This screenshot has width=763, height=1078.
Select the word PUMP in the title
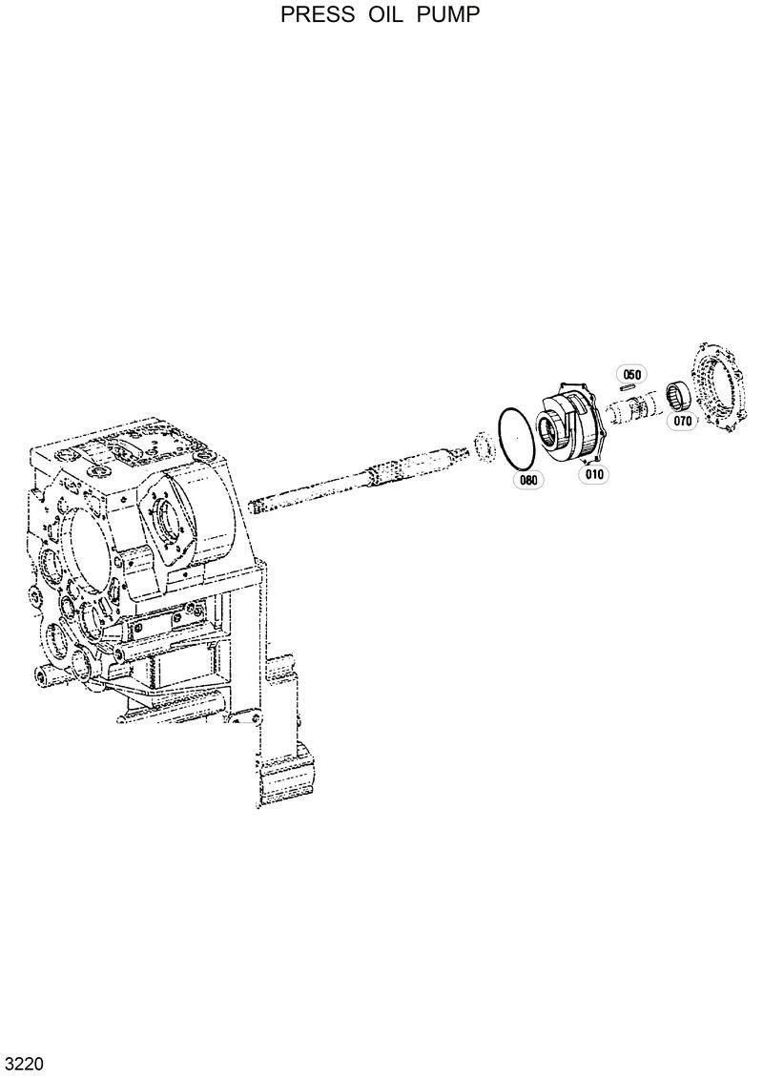pyautogui.click(x=447, y=15)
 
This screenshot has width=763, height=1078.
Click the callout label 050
pyautogui.click(x=631, y=374)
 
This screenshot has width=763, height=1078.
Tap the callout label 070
pyautogui.click(x=682, y=421)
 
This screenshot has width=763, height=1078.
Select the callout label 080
pyautogui.click(x=527, y=480)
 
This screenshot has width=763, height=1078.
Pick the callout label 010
pyautogui.click(x=594, y=472)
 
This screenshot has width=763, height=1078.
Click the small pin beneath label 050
pyautogui.click(x=629, y=387)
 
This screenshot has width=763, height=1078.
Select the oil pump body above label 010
pyautogui.click(x=572, y=424)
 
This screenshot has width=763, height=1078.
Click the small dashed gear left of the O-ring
pyautogui.click(x=484, y=446)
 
